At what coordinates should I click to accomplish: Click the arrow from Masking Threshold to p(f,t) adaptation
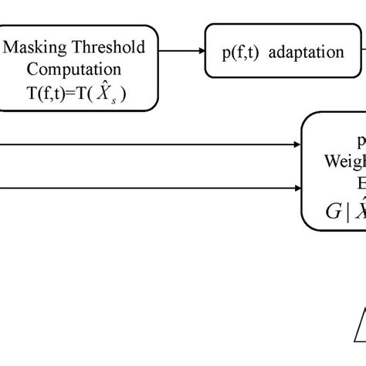181,52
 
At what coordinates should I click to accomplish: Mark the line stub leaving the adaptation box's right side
362,52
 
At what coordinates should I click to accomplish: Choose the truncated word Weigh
344,164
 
